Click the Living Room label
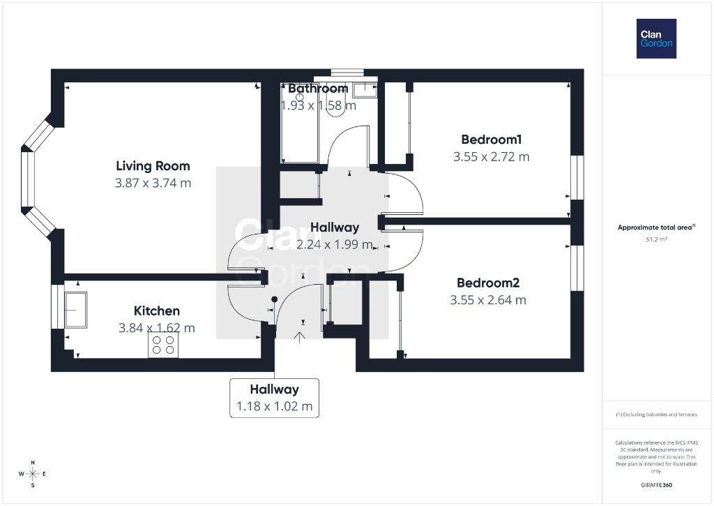coord(153,166)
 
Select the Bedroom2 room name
coord(488,283)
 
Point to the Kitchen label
coord(157,311)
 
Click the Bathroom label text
coord(318,89)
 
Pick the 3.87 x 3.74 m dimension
coord(153,184)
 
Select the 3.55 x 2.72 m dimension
coord(492,157)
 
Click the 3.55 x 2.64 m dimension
coord(488,300)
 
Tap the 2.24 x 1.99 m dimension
coord(335,245)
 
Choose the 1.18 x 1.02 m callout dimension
coord(275,406)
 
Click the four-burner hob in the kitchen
coord(163,345)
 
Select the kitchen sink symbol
coord(75,310)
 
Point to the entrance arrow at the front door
coord(299,337)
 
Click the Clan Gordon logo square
coord(656,39)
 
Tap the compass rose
coord(33,474)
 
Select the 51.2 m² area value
coord(657,239)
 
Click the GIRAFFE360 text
coord(656,485)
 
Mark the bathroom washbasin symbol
coord(365,90)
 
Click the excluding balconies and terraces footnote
coord(656,415)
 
